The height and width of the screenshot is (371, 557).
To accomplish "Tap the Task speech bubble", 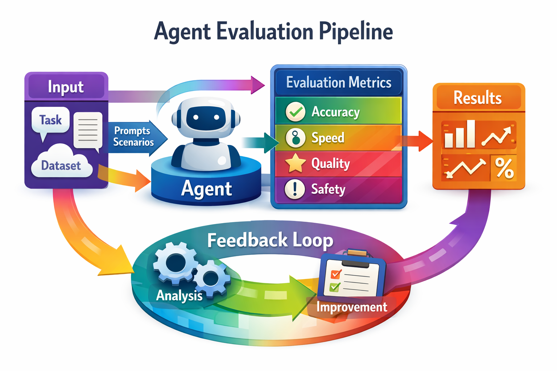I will (50, 120).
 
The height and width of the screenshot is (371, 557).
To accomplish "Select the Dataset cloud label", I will (61, 166).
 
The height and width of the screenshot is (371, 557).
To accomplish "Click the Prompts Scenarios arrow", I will (134, 137).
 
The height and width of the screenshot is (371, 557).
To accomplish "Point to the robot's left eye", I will (196, 117).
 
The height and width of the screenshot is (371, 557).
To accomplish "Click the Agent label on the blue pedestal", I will (206, 189).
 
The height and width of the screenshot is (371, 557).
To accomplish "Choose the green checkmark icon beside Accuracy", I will (296, 112).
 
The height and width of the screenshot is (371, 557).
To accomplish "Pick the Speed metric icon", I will (296, 138).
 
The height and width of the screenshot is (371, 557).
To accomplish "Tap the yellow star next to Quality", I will (296, 163).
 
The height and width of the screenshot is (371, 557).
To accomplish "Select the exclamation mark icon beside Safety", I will (295, 189).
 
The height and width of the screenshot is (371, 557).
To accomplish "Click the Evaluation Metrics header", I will (339, 83).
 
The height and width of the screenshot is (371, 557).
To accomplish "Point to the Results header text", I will (478, 98).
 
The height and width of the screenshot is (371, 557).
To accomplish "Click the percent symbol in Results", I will (504, 168).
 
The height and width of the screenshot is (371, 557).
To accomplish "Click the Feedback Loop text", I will (270, 240).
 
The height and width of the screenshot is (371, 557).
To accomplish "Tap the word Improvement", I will (351, 307).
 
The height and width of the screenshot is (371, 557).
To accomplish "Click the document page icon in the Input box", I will (88, 130).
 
